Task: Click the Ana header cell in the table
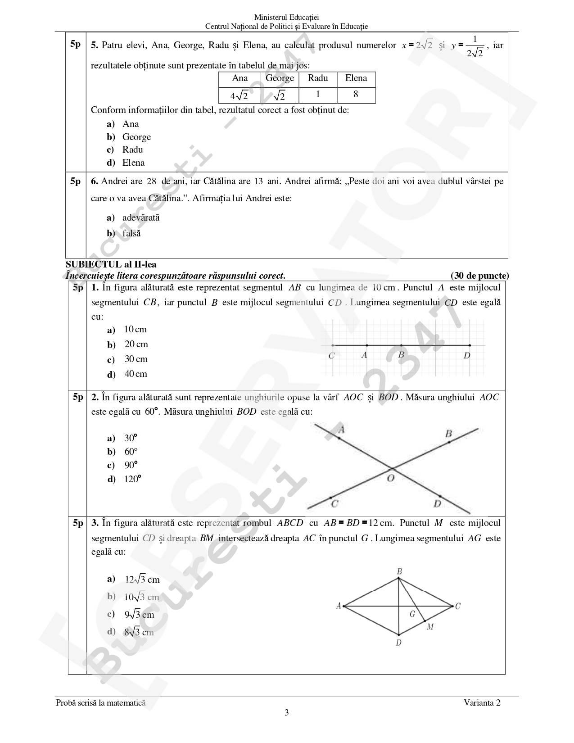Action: point(240,78)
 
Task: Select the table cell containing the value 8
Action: point(356,95)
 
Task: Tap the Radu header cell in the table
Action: point(318,78)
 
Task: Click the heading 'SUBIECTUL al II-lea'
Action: point(111,265)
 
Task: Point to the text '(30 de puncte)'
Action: point(479,276)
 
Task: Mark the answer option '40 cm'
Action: point(136,374)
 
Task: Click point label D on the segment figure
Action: point(467,355)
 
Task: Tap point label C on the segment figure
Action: point(332,356)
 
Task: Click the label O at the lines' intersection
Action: point(391,478)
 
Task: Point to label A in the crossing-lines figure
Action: point(341,430)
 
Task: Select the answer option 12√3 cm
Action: point(142,580)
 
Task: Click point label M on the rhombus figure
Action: point(430,626)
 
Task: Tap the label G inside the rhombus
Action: point(412,613)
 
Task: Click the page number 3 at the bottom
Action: point(287,712)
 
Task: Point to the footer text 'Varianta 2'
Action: point(483,703)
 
